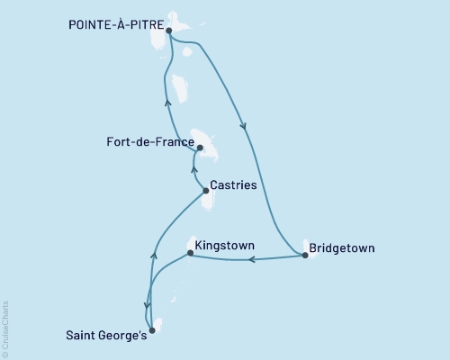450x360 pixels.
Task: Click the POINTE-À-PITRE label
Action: [x=115, y=27]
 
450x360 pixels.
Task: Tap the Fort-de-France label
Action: [x=148, y=142]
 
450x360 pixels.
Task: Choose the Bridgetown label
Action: [x=342, y=247]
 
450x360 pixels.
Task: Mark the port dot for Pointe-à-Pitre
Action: [x=169, y=29]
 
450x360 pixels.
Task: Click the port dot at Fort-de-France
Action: [x=200, y=148]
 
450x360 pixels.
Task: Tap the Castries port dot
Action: [x=205, y=190]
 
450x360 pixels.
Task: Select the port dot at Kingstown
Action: [x=190, y=253]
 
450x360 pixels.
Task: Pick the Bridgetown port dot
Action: [x=305, y=256]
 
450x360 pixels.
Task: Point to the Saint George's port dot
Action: [x=151, y=330]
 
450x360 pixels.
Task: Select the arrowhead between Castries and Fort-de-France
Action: [x=193, y=166]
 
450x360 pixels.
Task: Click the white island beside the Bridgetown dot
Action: [x=313, y=251]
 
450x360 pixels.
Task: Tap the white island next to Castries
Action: [x=210, y=200]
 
